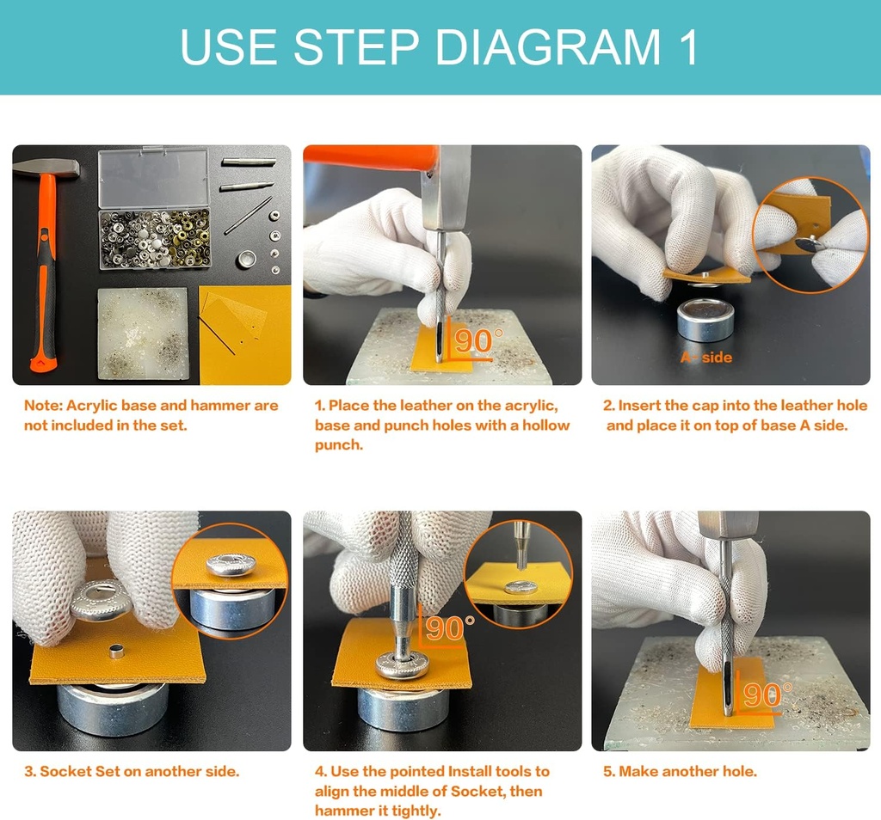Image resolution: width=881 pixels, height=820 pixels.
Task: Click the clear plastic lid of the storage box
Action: coord(153,177)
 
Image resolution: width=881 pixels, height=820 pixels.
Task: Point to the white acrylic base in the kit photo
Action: coord(144,334)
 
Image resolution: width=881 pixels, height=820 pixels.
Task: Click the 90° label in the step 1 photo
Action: coord(477,340)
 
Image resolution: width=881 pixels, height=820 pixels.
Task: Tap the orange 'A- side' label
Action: coord(706,357)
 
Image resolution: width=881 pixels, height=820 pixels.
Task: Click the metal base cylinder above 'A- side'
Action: coord(705,320)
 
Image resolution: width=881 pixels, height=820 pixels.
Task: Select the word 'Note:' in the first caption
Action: coord(43,405)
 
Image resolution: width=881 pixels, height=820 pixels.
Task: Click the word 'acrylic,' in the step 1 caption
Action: coord(531,406)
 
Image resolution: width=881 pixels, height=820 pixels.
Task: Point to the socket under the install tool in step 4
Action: coord(403,664)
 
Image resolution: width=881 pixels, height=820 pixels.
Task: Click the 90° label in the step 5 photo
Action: coord(767,695)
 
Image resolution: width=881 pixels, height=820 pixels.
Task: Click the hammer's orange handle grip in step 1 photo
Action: coord(372,156)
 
